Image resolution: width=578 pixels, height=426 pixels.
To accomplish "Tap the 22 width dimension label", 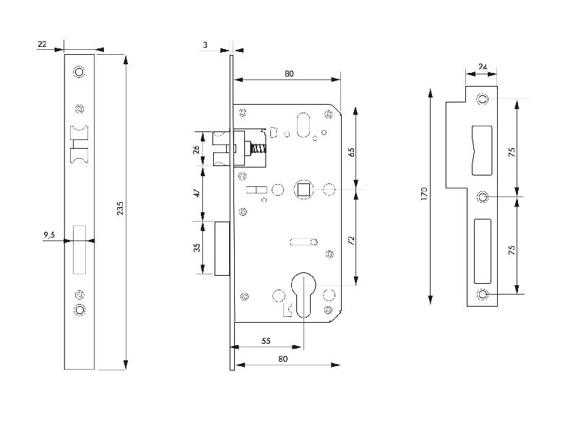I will (42, 45).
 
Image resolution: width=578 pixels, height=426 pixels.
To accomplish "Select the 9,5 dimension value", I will (49, 235).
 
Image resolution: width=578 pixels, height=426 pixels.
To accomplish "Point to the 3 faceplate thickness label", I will (206, 45).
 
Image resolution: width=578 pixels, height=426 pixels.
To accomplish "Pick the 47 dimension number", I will (197, 194).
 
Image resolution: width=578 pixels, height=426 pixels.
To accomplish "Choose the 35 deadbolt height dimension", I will (197, 248).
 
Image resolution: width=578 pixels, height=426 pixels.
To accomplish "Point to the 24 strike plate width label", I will (483, 67).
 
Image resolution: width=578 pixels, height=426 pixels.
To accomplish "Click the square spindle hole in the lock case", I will (303, 190).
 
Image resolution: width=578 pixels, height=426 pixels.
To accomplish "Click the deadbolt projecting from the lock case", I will (223, 248).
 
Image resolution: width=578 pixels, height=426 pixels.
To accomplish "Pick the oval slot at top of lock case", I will (303, 125).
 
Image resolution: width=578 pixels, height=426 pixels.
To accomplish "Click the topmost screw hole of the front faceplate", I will (79, 72).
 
